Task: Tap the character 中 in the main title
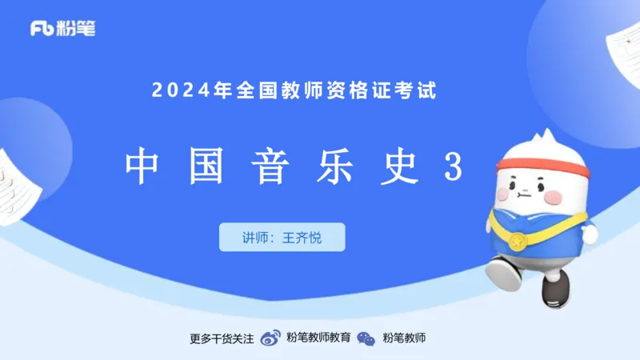click(142, 166)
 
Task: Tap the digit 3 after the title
click(454, 166)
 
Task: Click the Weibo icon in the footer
click(271, 338)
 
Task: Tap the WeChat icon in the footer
click(366, 338)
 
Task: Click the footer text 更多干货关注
click(222, 338)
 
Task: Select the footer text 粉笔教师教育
click(318, 338)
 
